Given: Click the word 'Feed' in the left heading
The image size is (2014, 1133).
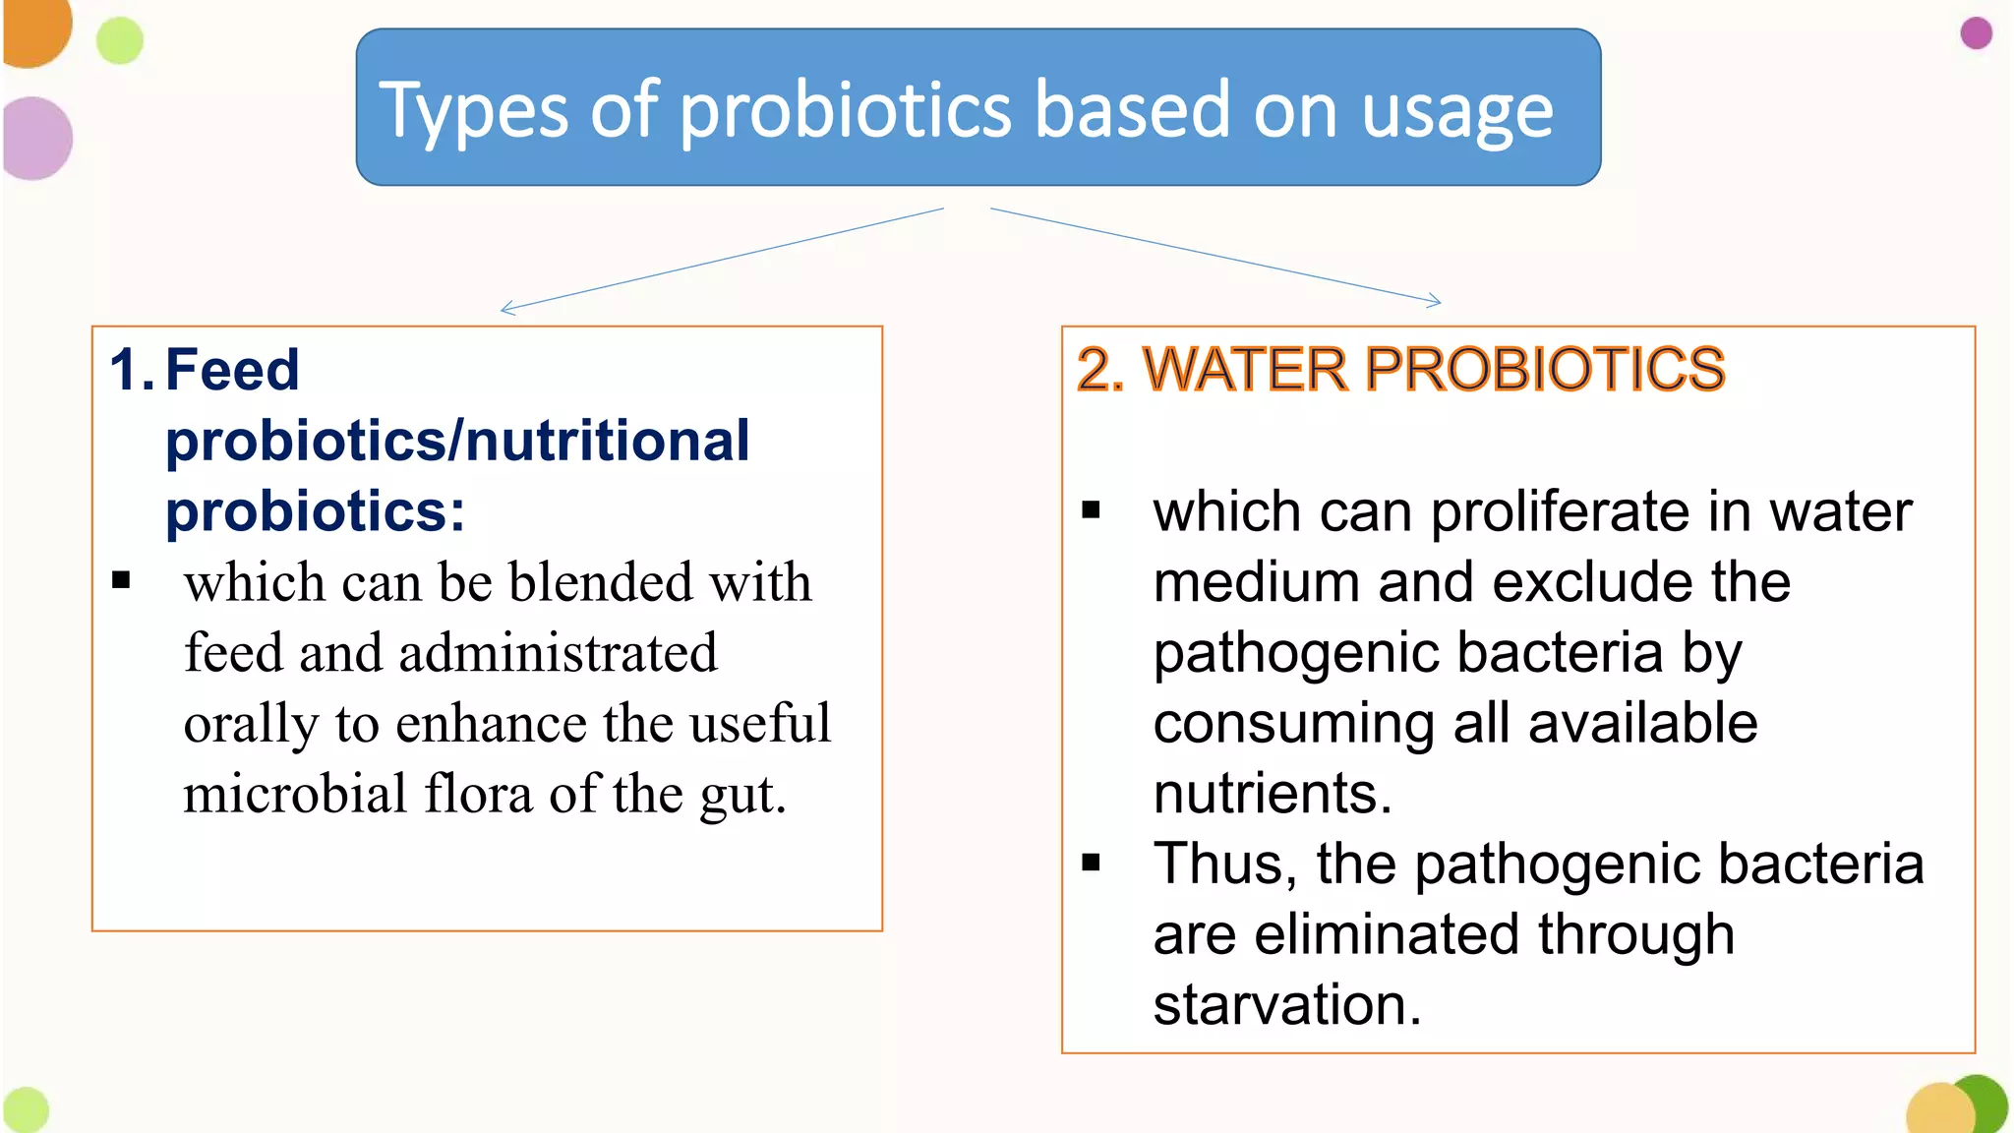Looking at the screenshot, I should [x=232, y=370].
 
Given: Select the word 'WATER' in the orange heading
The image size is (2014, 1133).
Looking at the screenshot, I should [x=1245, y=370].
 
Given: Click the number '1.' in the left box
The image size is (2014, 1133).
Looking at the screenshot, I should [x=131, y=370].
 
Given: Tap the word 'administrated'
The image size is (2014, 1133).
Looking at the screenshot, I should [x=558, y=653].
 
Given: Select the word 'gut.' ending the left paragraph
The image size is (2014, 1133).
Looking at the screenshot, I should [x=742, y=795].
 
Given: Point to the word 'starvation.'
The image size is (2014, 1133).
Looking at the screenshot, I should [x=1287, y=1005].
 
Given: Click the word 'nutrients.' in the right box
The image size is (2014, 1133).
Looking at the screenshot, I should [x=1273, y=793].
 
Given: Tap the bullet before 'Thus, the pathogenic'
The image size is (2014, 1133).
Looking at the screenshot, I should [x=1091, y=864].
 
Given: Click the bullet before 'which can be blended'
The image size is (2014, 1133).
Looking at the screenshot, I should [x=121, y=580].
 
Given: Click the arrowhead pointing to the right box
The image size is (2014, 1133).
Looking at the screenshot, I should [x=1437, y=302].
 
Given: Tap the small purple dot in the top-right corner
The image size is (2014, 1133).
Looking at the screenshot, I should [x=1976, y=33].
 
